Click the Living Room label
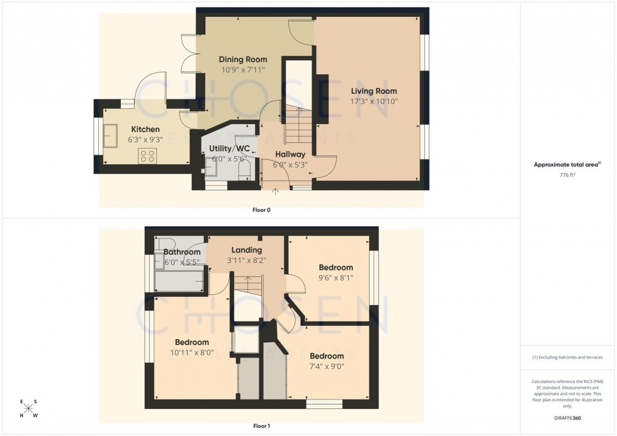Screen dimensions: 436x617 coord(374,91)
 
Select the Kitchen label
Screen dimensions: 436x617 coord(145,130)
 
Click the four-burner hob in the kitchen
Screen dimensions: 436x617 coord(147,155)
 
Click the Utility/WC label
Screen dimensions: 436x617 coord(230,148)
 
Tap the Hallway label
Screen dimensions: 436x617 coord(290,154)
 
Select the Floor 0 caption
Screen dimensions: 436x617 coord(261,210)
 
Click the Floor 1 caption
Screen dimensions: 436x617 coord(261,426)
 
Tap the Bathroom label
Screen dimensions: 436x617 coord(182,252)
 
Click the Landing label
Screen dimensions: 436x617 coord(247,250)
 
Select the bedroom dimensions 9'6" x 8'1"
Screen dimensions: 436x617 coord(336,277)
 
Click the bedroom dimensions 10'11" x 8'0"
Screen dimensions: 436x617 coord(191,353)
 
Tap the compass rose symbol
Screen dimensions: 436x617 coord(29,408)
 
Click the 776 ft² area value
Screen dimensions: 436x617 coord(568,175)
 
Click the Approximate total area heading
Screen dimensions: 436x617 coord(567,165)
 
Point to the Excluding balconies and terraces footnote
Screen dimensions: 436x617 coord(567,357)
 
